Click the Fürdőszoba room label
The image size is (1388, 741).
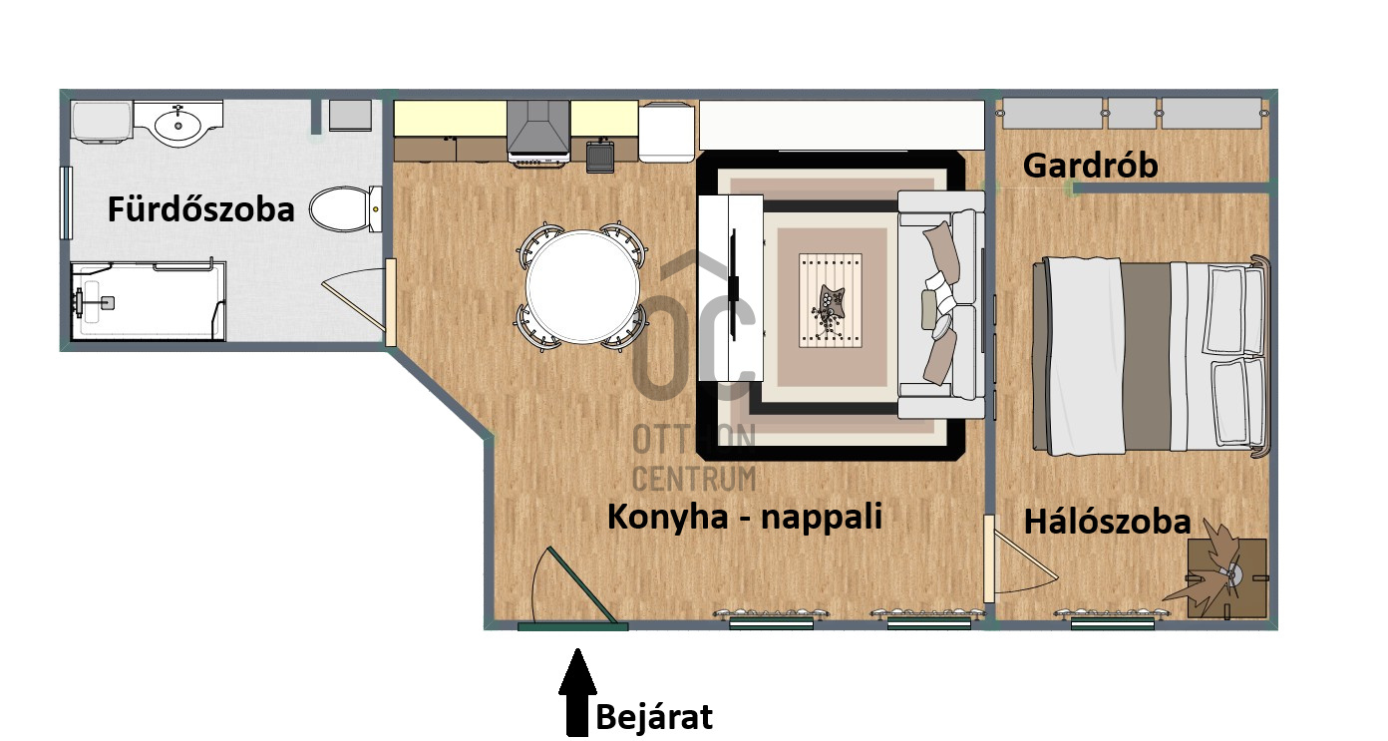tap(200, 208)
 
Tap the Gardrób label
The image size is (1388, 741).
tap(1090, 166)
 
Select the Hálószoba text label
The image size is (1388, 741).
tap(1107, 522)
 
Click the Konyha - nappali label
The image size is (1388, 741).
tap(745, 517)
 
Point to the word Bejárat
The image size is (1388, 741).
tap(654, 717)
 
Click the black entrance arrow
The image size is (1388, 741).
tap(577, 692)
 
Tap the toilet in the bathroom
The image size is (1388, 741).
tap(345, 209)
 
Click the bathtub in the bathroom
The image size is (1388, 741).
tap(149, 300)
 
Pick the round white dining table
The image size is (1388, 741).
tap(582, 286)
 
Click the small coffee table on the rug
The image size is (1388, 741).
tap(831, 300)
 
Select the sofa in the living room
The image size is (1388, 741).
tap(940, 304)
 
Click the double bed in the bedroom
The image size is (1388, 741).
tap(1151, 356)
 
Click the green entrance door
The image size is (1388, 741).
tap(573, 625)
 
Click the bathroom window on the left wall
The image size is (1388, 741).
tap(65, 202)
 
